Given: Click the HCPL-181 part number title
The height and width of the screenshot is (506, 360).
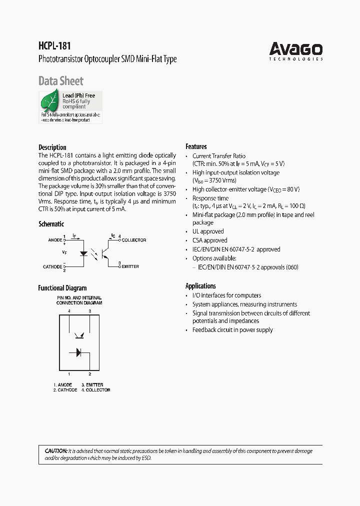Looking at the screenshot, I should coord(54,45).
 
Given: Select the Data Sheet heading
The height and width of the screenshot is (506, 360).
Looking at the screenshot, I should coord(61,81).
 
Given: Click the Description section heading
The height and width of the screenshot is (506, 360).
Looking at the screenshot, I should coord(52,147).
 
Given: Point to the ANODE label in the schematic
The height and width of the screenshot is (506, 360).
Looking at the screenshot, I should coord(55,240).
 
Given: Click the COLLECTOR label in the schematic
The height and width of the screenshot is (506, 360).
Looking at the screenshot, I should coord(133,240).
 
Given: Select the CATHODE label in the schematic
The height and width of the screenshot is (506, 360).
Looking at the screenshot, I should coord(52,267).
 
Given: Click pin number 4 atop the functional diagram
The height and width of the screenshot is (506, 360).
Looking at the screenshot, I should coord(69,311).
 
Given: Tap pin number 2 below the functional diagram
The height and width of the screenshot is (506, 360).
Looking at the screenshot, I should coord(90,374).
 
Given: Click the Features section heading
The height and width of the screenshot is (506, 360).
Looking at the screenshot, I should coord(196,146).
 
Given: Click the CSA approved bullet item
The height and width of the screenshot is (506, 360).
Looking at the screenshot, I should coord(209,240).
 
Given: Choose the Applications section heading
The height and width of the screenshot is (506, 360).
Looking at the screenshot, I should coord(200,286).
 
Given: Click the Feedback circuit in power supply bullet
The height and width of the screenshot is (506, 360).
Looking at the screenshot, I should coord(232,330).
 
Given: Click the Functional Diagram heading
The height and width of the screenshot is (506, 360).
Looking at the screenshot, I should coord(62,288).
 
